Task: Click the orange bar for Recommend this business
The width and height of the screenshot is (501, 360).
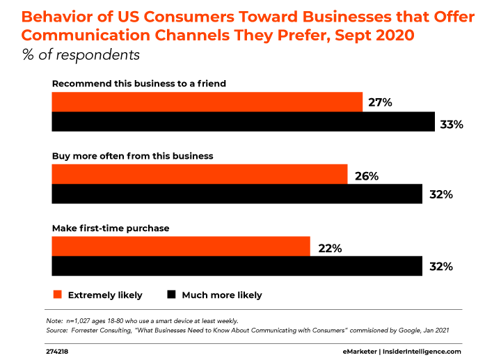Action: click(x=207, y=102)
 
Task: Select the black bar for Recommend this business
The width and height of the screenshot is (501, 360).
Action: click(x=244, y=122)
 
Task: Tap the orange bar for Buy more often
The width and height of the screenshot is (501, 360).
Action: click(x=200, y=174)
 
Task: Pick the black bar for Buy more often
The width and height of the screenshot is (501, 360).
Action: click(x=237, y=194)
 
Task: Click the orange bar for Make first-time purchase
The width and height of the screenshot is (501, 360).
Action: click(x=181, y=246)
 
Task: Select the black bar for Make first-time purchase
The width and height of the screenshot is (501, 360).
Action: click(x=237, y=267)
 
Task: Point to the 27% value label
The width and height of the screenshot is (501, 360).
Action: click(x=381, y=102)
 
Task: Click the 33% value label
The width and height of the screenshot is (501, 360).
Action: click(x=452, y=125)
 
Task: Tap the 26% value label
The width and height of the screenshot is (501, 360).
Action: click(x=365, y=176)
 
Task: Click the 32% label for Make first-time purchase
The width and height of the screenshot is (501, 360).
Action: click(x=441, y=267)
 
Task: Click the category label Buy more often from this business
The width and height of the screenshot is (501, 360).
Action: click(x=132, y=156)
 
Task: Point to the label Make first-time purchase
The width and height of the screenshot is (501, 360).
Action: click(x=111, y=228)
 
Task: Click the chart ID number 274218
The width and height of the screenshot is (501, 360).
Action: click(x=58, y=352)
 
